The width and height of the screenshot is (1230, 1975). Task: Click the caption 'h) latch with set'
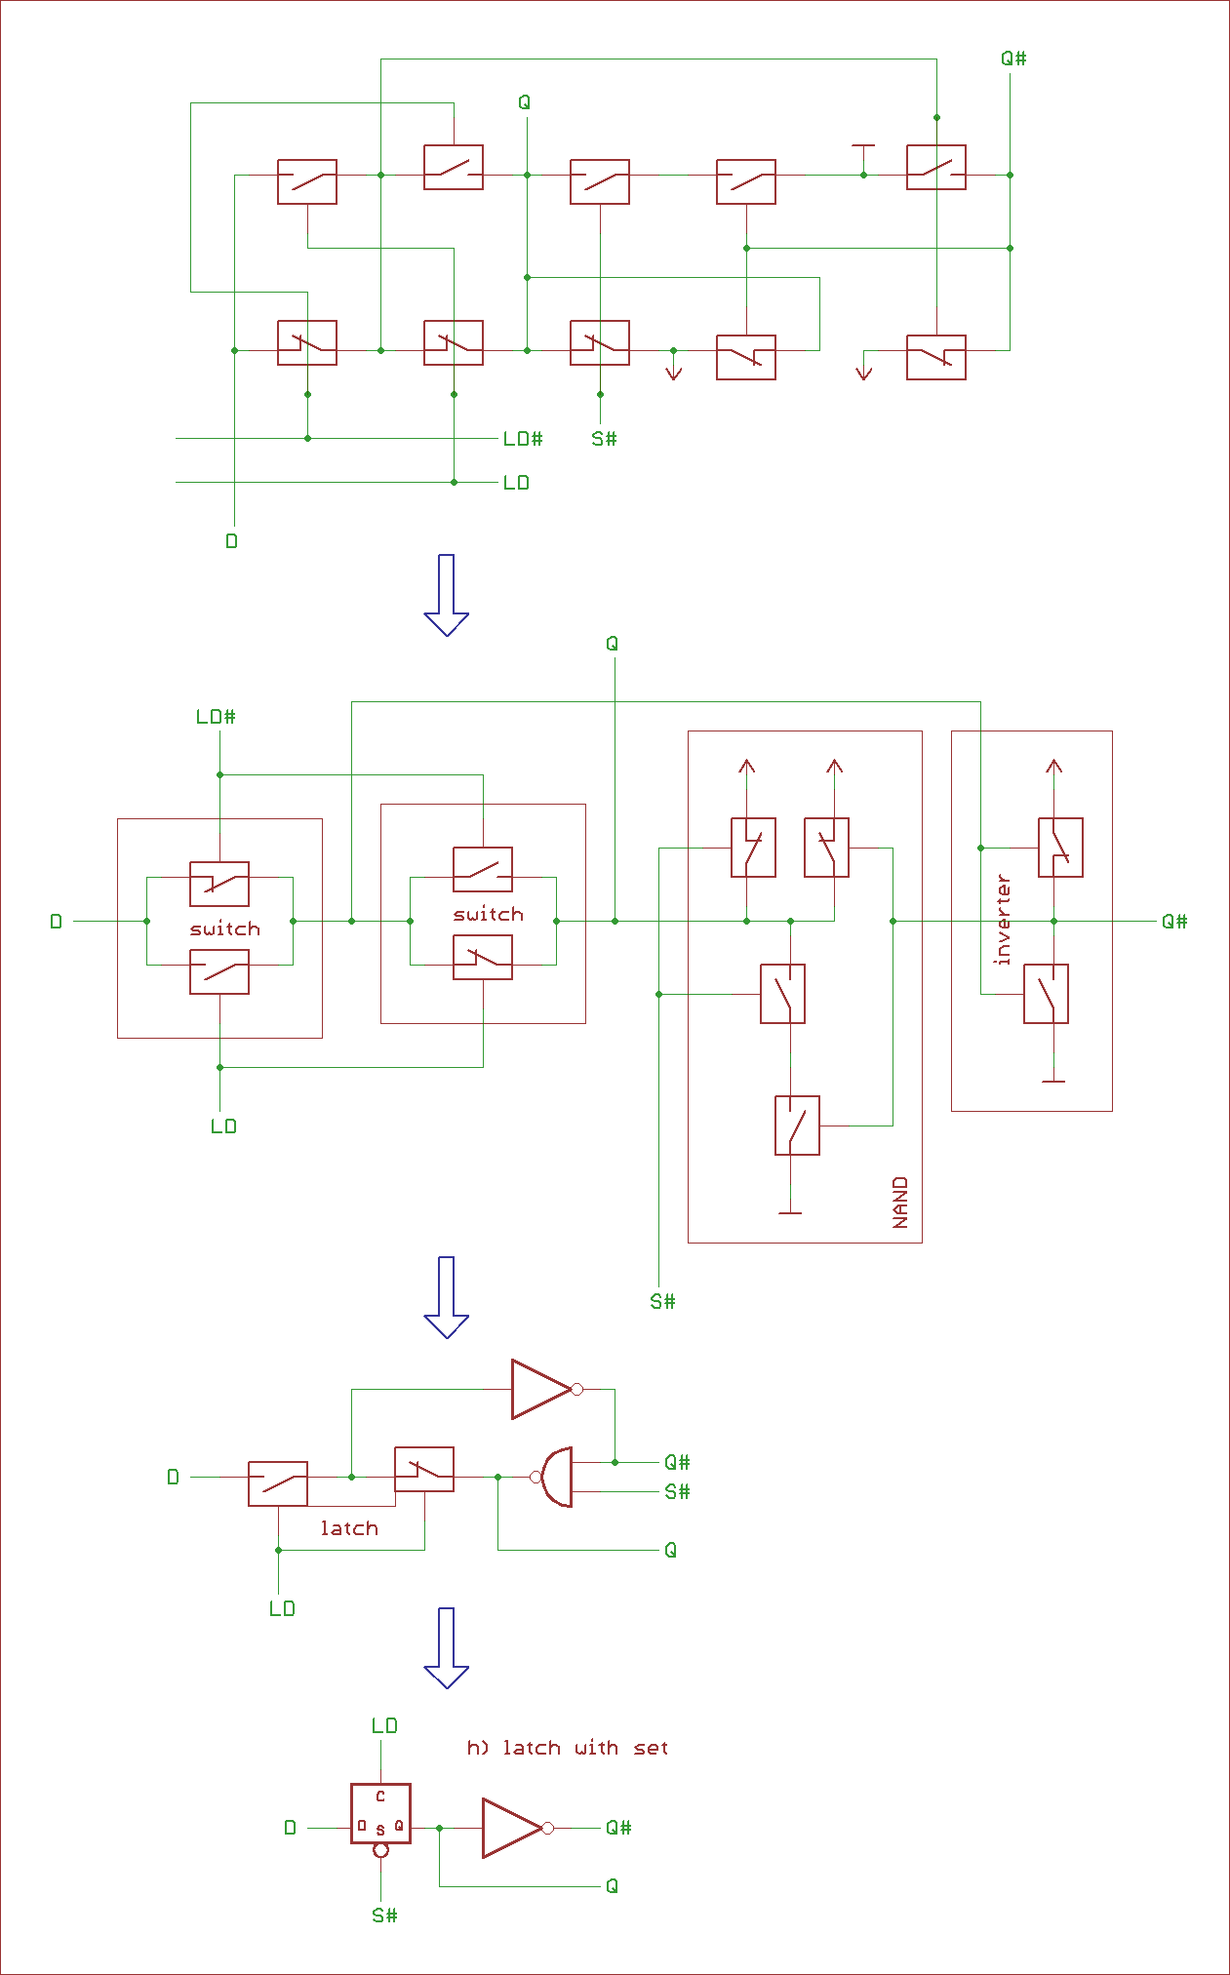click(x=568, y=1748)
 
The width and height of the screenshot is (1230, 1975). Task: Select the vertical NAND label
click(x=900, y=1202)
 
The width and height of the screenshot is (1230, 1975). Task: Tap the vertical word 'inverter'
click(x=1003, y=920)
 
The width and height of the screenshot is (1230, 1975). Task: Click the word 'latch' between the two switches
click(x=349, y=1528)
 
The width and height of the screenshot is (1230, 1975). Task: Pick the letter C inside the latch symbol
click(x=380, y=1796)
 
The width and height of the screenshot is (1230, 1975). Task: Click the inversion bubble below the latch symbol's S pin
click(x=381, y=1850)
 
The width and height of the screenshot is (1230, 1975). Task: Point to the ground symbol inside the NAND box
click(x=790, y=1212)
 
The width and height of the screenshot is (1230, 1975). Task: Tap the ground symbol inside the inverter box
click(x=1053, y=1081)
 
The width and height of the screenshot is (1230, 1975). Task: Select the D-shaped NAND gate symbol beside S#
click(x=555, y=1477)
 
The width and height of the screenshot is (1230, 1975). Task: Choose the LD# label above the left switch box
click(x=216, y=717)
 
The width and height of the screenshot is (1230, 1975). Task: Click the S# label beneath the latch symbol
click(x=384, y=1916)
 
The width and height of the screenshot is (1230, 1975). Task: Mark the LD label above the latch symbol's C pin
click(x=384, y=1725)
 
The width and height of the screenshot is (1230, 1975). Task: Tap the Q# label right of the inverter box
click(x=1174, y=922)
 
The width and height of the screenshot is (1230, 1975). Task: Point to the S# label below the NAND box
click(x=662, y=1301)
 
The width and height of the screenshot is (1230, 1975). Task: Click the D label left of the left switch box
click(x=56, y=922)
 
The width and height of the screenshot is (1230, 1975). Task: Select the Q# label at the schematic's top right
click(x=1013, y=59)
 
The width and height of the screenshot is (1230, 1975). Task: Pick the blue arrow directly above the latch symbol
click(x=447, y=1647)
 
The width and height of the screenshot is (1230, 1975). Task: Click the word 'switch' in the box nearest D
click(x=225, y=928)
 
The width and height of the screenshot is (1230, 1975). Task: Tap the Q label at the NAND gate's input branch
click(x=670, y=1550)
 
